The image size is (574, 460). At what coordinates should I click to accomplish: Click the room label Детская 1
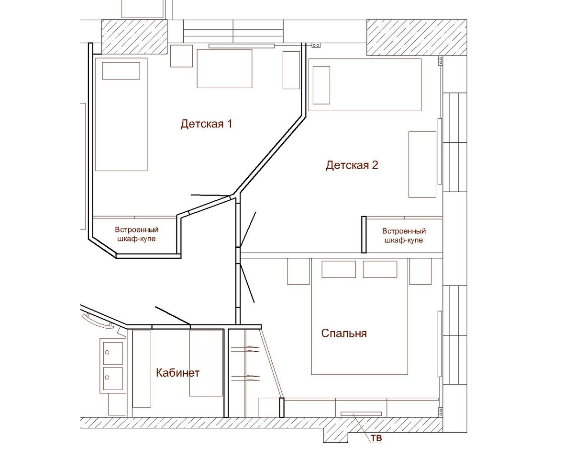[206, 124]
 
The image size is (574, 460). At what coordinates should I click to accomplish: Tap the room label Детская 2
[352, 165]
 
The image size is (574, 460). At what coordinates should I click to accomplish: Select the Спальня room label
[344, 333]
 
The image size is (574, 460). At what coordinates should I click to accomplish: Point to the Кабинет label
[177, 373]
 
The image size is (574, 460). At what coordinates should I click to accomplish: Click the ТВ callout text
[376, 438]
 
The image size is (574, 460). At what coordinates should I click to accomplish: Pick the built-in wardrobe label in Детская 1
[137, 234]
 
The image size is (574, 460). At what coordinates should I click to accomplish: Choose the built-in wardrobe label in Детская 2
[404, 235]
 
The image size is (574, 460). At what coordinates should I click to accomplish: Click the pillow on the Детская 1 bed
[121, 71]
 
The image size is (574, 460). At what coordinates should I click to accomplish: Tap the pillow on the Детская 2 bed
[321, 85]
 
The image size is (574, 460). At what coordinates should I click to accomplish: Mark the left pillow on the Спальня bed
[339, 269]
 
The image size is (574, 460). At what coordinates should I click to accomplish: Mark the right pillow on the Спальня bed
[380, 269]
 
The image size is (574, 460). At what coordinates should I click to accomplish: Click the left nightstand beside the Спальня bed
[298, 271]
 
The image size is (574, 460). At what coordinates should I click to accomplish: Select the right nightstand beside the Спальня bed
[420, 271]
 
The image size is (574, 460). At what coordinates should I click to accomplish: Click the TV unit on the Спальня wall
[361, 414]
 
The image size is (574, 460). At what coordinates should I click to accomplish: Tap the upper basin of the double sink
[113, 353]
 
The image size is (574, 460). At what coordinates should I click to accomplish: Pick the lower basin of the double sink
[113, 378]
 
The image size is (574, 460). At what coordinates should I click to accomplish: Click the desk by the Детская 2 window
[422, 164]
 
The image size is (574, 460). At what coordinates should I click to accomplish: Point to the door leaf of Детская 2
[248, 230]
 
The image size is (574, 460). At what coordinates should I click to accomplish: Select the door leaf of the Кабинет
[173, 316]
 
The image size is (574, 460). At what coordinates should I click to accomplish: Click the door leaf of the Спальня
[247, 283]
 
